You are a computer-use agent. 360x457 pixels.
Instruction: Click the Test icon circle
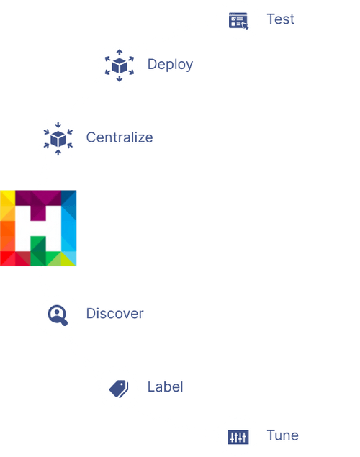(x=238, y=20)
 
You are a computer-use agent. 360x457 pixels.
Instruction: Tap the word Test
(x=281, y=19)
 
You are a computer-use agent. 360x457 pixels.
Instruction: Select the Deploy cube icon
(x=119, y=65)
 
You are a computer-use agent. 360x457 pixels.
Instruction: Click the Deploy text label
(x=171, y=64)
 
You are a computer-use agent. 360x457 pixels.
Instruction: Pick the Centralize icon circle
(x=57, y=137)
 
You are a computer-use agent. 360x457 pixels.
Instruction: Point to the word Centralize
(x=120, y=137)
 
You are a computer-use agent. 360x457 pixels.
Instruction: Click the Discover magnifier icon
(x=57, y=315)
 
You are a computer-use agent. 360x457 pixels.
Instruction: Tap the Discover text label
(x=114, y=314)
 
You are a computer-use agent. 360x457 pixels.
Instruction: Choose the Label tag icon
(x=119, y=389)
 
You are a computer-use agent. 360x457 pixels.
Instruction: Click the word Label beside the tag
(x=166, y=386)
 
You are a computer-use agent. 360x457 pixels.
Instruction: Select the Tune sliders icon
(x=238, y=436)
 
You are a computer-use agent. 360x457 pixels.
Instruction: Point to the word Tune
(x=282, y=435)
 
